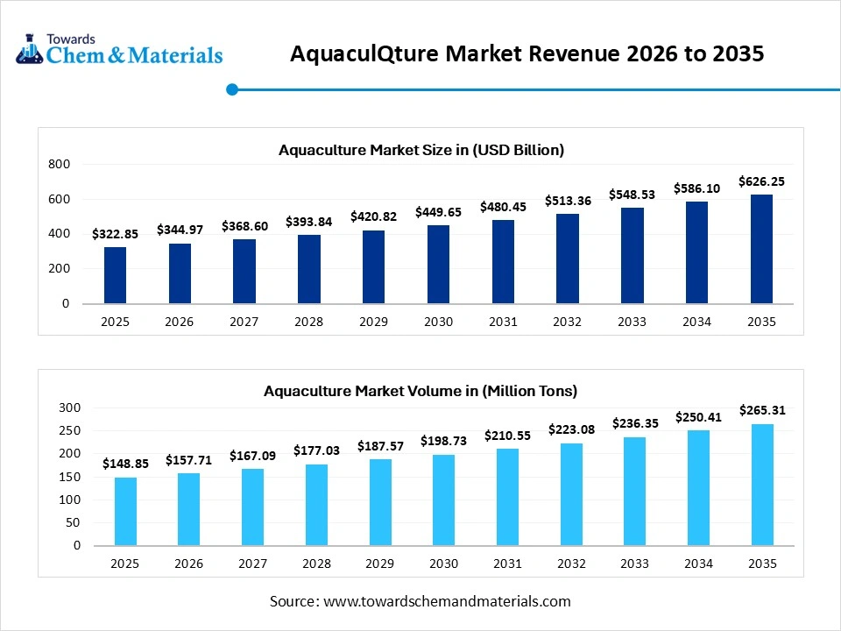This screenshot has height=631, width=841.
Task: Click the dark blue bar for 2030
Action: (x=438, y=265)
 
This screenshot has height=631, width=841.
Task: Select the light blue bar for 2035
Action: (x=762, y=485)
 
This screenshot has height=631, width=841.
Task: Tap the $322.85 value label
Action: (x=115, y=234)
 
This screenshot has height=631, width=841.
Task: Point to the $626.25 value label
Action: (x=761, y=181)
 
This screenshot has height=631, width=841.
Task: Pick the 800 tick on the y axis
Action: (x=59, y=164)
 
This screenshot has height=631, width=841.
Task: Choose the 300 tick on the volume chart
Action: (x=68, y=408)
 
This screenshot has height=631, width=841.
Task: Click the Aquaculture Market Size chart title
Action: (x=421, y=150)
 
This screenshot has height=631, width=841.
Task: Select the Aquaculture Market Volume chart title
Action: (x=420, y=391)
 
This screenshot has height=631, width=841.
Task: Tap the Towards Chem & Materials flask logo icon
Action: (x=30, y=49)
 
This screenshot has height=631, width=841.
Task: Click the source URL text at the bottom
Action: (x=420, y=601)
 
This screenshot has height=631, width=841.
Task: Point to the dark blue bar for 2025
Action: (x=115, y=275)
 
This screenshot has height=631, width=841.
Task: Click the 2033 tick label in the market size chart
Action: (x=632, y=322)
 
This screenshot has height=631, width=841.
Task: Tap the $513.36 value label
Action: (x=568, y=201)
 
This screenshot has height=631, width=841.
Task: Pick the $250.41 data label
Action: (x=697, y=418)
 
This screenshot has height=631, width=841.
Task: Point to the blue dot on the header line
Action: (x=232, y=89)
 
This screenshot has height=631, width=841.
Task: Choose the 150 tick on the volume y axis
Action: (x=68, y=477)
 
